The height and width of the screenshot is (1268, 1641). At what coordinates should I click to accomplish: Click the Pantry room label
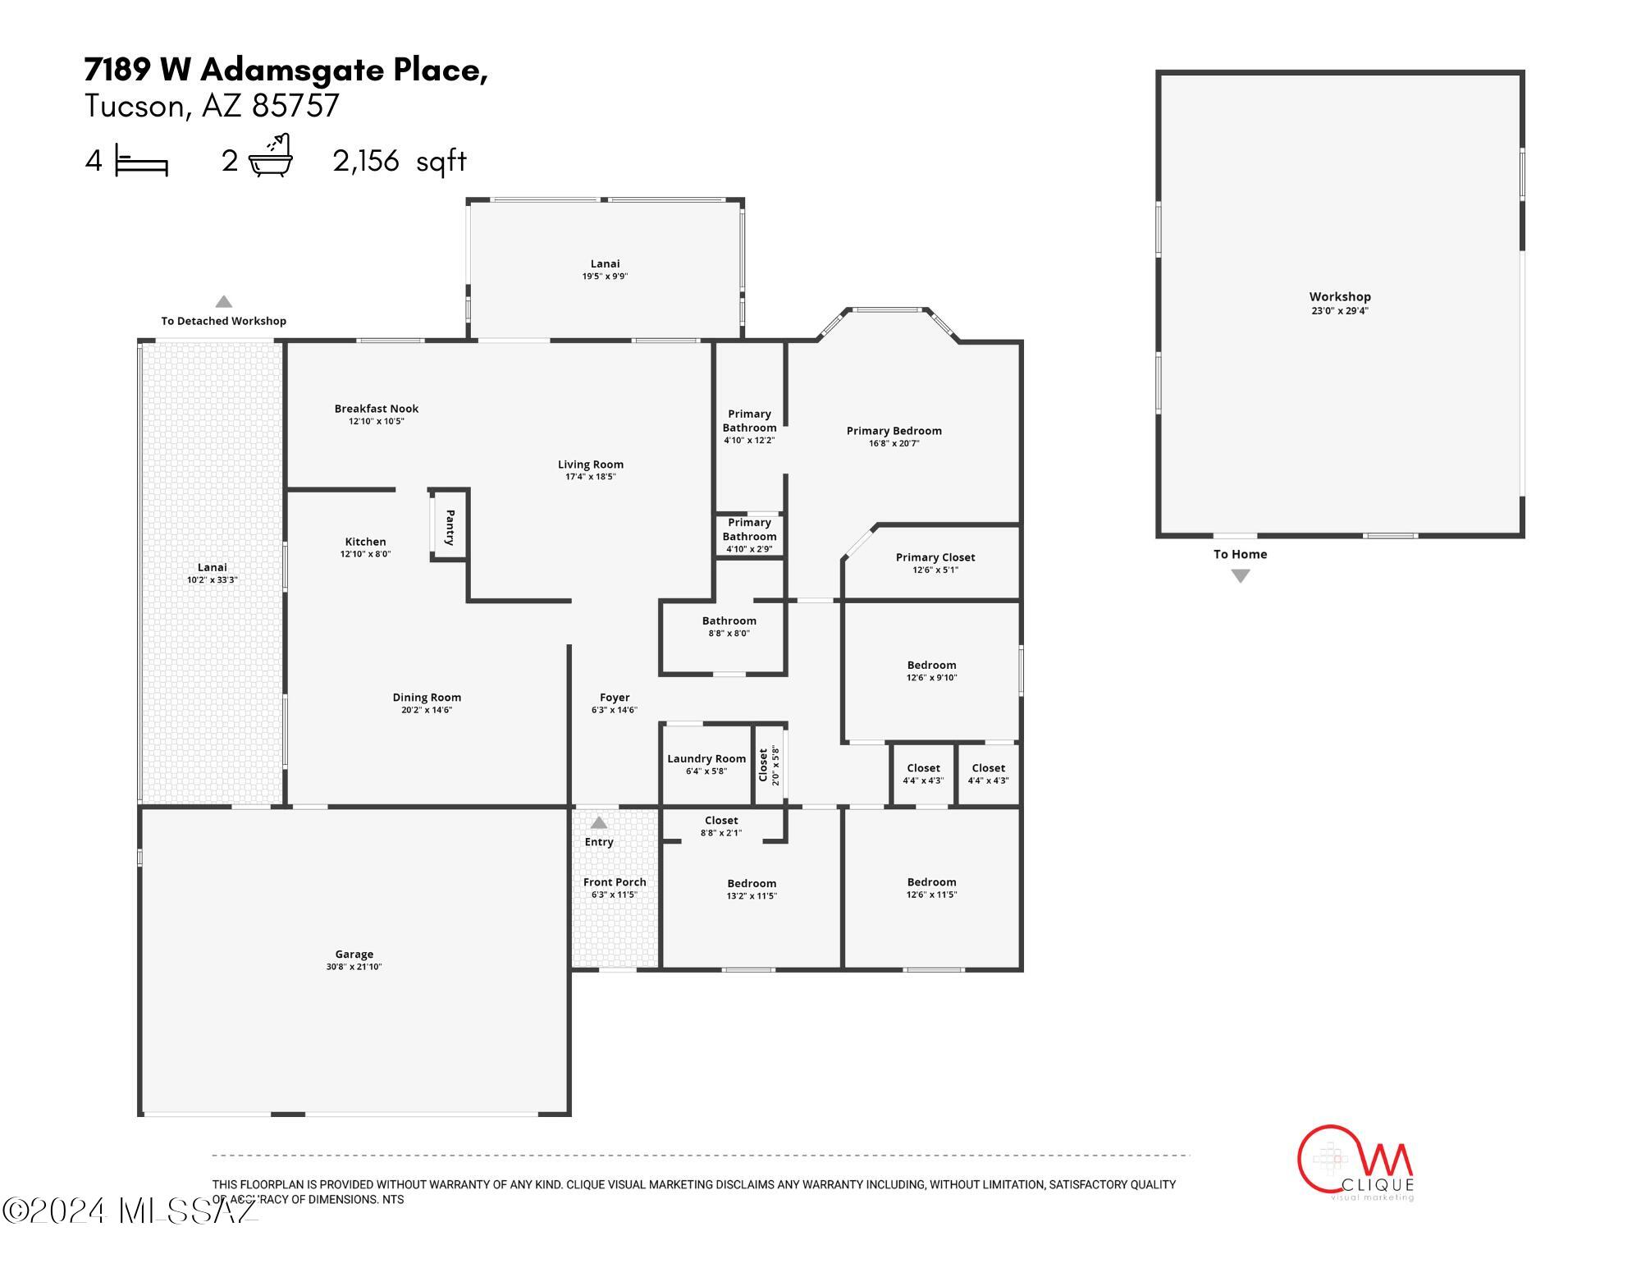click(450, 528)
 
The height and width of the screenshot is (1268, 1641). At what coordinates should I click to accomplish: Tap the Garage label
click(354, 954)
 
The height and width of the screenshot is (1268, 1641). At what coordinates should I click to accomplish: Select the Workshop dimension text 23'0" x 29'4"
click(1340, 311)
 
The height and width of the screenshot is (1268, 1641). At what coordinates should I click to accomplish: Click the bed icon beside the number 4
click(141, 160)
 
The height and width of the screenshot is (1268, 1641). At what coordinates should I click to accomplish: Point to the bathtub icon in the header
click(271, 155)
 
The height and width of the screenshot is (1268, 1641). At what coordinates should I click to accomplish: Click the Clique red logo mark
click(1354, 1160)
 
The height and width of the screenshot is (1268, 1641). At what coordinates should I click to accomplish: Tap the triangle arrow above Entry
click(599, 822)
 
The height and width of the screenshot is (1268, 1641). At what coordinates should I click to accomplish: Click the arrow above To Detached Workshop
click(223, 301)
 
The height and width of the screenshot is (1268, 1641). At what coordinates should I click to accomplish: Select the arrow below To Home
click(1241, 576)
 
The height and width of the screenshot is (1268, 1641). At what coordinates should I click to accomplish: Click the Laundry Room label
click(706, 759)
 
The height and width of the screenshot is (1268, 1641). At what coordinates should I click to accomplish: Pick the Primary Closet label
click(935, 557)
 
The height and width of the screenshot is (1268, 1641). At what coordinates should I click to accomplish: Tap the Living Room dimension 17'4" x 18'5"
click(591, 477)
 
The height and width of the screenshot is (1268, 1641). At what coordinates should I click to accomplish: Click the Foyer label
click(615, 698)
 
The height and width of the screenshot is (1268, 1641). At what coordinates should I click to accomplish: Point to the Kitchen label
click(365, 542)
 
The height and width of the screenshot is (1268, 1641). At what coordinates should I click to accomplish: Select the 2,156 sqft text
click(400, 161)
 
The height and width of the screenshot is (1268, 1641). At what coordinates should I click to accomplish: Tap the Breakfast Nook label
click(377, 409)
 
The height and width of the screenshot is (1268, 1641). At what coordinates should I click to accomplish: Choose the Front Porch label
click(615, 882)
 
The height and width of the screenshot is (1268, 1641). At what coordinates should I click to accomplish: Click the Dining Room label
click(427, 698)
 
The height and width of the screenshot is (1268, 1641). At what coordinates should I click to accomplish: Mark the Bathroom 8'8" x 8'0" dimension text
click(729, 634)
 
